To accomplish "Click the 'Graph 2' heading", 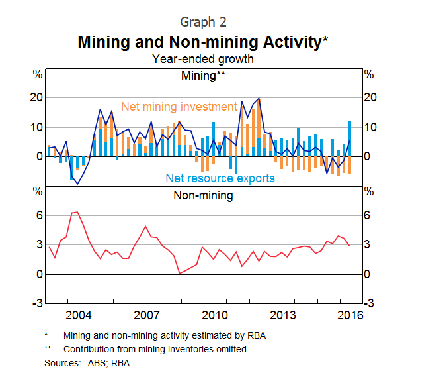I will tap(203, 23).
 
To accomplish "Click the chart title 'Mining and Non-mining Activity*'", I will tap(203, 42).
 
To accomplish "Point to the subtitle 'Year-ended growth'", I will tap(203, 59).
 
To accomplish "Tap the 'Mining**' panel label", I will tap(203, 75).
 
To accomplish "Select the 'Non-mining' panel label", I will tap(203, 195).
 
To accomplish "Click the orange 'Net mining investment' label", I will tap(179, 106).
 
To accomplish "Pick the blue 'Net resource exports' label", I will tap(220, 178).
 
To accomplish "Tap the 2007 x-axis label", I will tap(146, 314).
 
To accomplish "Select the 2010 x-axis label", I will tap(214, 314).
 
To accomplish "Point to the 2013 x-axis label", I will tap(282, 314).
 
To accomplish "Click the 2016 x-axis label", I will tap(350, 314).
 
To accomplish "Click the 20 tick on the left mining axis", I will tap(36, 97).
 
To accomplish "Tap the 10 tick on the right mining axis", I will tap(370, 127).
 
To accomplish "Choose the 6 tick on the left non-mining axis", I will tap(39, 216).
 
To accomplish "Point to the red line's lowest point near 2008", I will tap(179, 273).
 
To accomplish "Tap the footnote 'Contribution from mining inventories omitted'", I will tap(155, 349).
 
